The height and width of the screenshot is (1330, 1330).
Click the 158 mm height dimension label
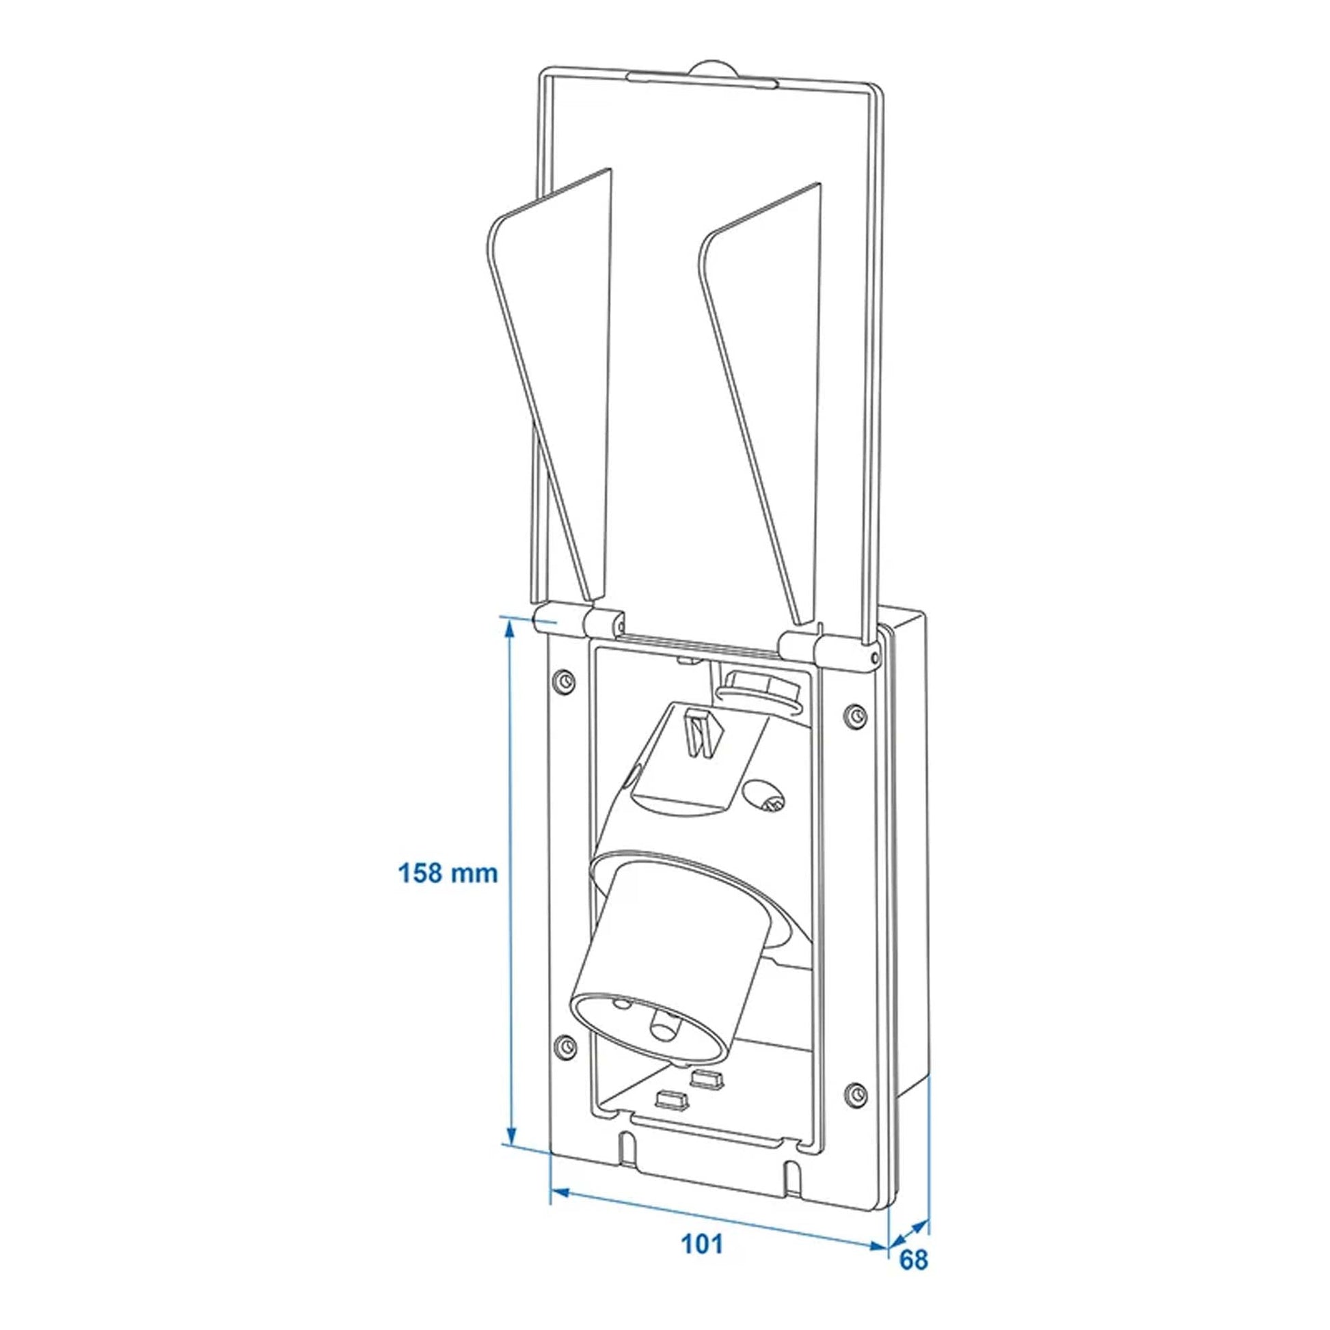448,873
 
